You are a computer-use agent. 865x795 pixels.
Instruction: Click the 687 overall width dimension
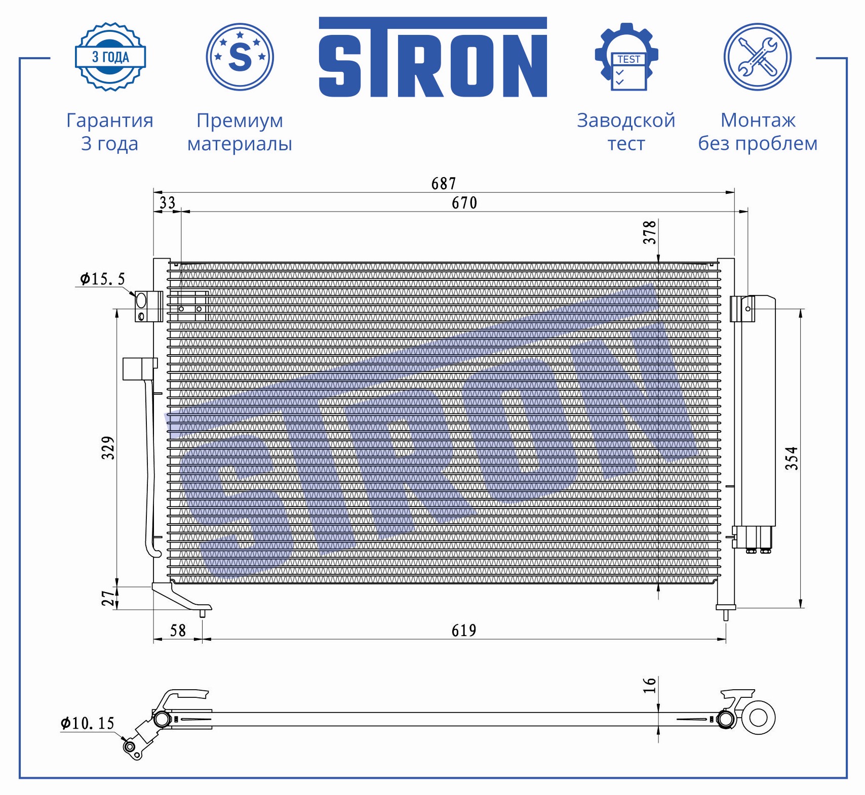coord(444,183)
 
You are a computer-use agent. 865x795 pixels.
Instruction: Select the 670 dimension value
coord(464,203)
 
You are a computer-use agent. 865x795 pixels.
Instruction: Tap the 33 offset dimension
coord(167,203)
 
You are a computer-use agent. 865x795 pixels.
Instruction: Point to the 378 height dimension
coord(650,232)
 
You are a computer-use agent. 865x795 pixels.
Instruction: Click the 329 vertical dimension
coord(108,448)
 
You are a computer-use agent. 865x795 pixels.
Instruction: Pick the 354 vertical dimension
coord(792,458)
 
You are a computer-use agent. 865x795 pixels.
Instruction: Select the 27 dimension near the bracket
coord(108,598)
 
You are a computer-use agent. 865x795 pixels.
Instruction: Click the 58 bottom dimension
coord(178,631)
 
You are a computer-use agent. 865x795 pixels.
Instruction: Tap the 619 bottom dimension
coord(464,631)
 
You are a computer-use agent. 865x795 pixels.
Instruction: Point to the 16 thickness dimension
coord(650,685)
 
